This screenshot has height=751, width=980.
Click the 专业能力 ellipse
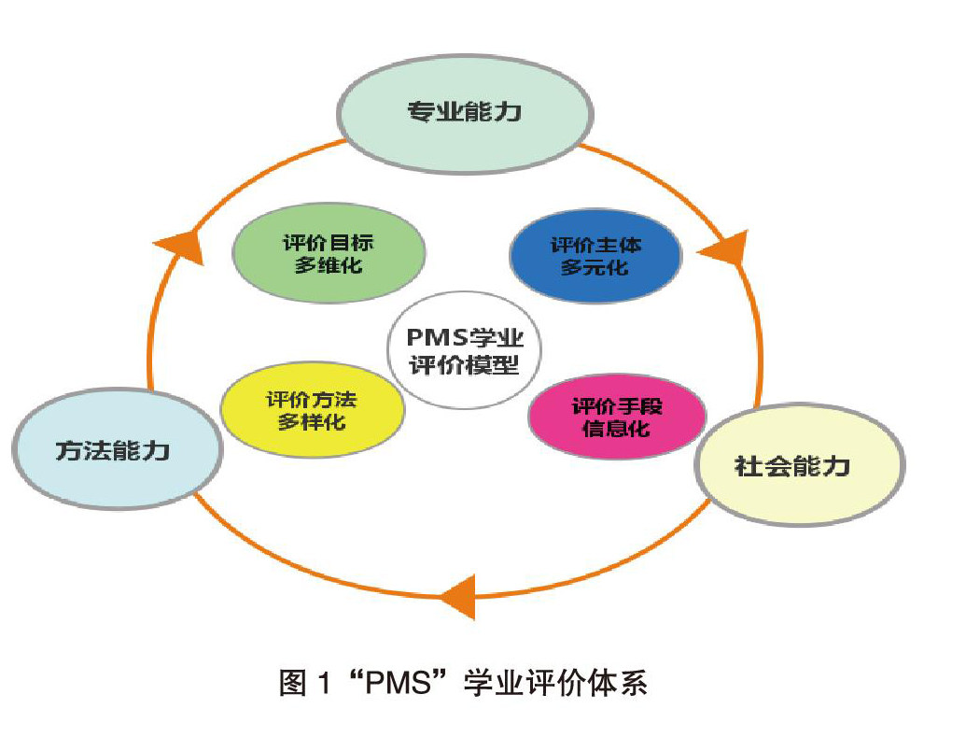point(464,114)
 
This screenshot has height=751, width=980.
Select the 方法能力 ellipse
point(117,451)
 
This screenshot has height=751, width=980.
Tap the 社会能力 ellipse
point(799,465)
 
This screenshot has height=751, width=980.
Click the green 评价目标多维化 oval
point(328,253)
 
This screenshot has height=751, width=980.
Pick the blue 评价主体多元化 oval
point(595,255)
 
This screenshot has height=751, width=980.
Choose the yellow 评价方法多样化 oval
point(312,410)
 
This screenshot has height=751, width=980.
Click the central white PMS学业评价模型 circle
point(463,350)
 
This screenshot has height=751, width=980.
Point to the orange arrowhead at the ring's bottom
point(459,595)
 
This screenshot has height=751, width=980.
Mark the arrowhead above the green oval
point(178,246)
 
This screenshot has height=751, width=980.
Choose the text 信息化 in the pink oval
point(616,430)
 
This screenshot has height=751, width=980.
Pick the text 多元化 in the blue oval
point(595,268)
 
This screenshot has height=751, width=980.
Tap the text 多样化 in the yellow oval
point(312,422)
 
